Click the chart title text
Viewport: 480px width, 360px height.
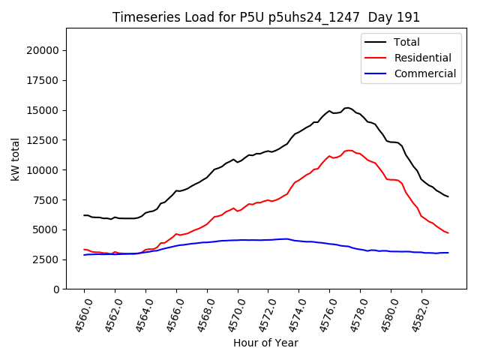coord(266,17)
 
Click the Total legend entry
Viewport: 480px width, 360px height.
coord(406,43)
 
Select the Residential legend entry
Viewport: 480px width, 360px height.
coord(422,58)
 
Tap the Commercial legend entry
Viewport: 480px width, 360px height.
coord(424,73)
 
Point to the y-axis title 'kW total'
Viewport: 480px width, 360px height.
coord(16,159)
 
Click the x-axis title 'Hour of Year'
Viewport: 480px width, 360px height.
coord(265,343)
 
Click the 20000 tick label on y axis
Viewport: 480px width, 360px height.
coord(43,51)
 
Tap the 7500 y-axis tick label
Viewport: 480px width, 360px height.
coord(46,200)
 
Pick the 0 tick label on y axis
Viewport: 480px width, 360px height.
coord(56,289)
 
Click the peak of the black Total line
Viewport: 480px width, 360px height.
coord(348,107)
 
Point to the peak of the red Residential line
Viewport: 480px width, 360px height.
coord(349,150)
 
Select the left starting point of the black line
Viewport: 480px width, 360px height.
coord(84,215)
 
